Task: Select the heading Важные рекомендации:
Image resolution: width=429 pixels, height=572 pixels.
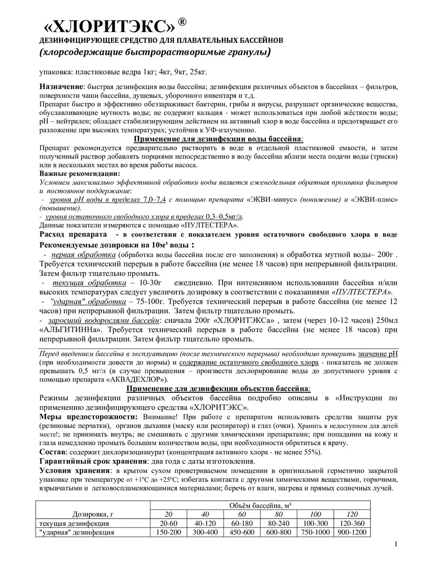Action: point(80,173)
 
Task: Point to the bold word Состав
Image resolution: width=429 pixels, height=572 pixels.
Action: point(51,452)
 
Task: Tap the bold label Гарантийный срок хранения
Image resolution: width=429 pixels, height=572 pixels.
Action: point(93,462)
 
